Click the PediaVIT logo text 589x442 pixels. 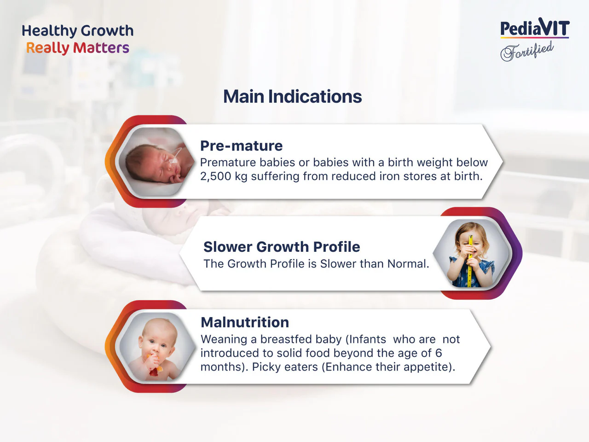(x=535, y=27)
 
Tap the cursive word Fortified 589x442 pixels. (x=527, y=51)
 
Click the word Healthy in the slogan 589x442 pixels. (x=49, y=31)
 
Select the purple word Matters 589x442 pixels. (x=101, y=48)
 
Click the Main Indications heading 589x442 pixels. (x=293, y=97)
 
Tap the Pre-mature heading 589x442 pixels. (x=241, y=146)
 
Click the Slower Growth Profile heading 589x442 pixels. (x=282, y=247)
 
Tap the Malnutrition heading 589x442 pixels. (x=245, y=322)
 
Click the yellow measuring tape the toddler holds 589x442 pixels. (x=470, y=262)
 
